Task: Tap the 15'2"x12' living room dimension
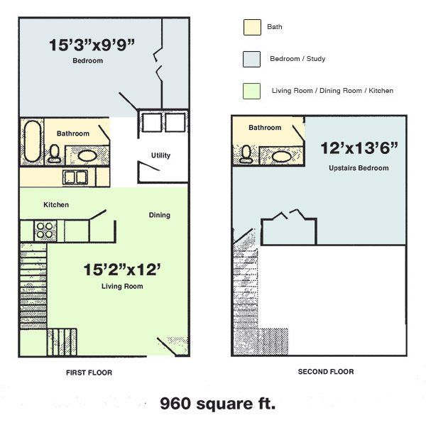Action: pos(123,270)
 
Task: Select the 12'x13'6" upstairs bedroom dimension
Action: pos(358,149)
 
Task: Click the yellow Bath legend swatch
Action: pos(251,27)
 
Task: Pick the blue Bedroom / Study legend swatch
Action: pos(251,59)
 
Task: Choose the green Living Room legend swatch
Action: pos(251,91)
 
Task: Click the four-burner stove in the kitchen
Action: pos(45,231)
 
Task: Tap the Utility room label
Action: pos(160,155)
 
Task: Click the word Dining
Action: pos(159,215)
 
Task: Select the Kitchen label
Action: pos(56,205)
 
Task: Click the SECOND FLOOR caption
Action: pos(325,372)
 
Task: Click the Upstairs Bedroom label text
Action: pos(359,168)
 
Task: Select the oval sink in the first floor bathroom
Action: pos(88,155)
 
